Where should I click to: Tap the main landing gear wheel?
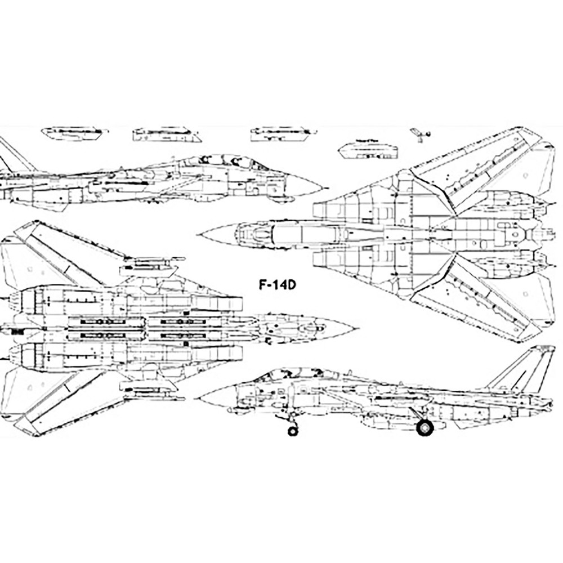tap(426, 427)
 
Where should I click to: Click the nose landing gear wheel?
tap(292, 431)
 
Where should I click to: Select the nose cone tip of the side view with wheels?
tap(197, 397)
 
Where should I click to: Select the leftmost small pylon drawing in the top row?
tap(74, 133)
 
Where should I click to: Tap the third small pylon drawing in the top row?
tap(280, 133)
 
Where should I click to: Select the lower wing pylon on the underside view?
tap(152, 387)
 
